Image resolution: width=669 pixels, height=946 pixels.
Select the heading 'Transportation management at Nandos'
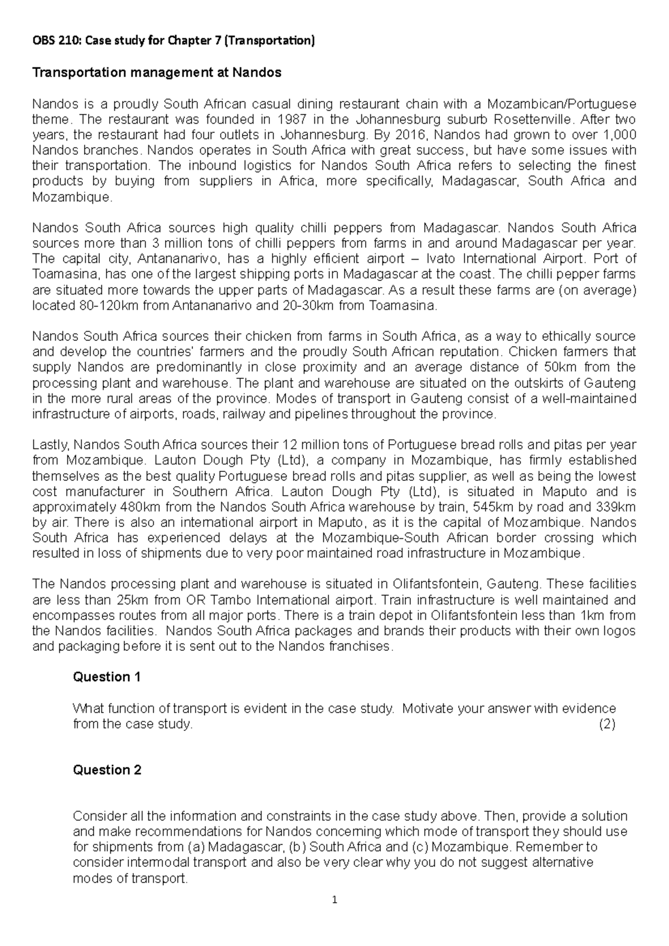tap(157, 72)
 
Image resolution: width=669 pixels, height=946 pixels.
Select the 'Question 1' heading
tap(107, 677)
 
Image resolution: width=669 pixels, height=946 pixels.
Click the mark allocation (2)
tap(607, 724)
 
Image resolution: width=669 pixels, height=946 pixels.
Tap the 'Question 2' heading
tap(107, 770)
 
